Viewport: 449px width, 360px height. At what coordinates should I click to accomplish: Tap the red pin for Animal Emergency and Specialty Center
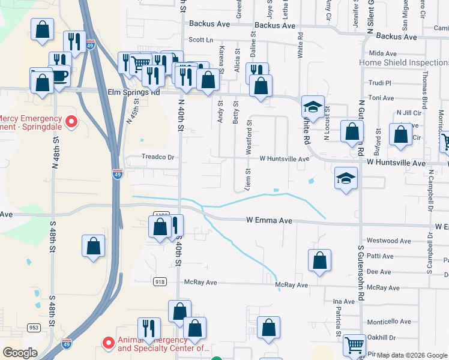109,343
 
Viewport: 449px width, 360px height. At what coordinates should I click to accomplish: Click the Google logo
20,353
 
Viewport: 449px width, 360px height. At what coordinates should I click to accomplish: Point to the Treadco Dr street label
157,157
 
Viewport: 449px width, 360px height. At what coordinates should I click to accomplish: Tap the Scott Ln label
201,40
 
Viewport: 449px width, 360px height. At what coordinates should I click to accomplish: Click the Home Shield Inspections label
403,62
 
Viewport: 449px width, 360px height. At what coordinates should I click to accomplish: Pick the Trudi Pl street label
380,83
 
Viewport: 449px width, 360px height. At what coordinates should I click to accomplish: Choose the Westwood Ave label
388,241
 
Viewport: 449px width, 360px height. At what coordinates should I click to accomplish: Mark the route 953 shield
34,328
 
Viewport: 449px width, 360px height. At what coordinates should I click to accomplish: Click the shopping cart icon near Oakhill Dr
354,344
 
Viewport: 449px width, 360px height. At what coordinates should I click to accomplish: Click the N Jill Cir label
409,113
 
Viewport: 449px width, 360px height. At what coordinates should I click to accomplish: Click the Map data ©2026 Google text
412,355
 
